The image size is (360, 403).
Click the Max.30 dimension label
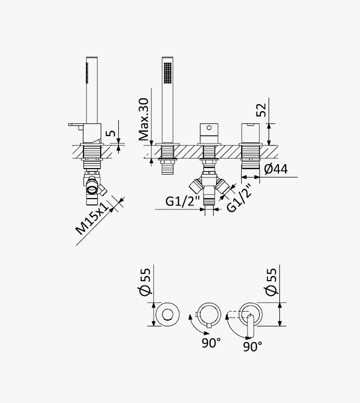point(143,119)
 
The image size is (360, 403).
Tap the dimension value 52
point(261,110)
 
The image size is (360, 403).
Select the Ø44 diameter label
point(276,169)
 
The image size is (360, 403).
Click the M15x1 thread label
point(92,219)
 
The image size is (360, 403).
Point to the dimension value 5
point(111,133)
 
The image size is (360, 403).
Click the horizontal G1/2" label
point(183,201)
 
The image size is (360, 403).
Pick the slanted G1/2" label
point(239,198)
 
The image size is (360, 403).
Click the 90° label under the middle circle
point(211,343)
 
